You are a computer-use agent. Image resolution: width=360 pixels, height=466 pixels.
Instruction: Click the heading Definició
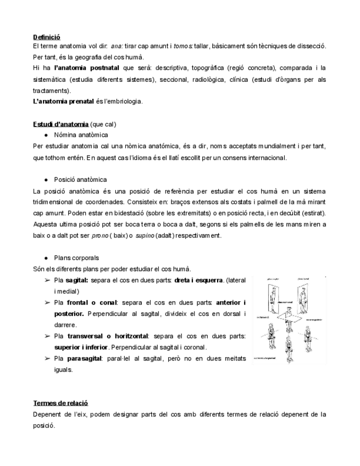click(47, 37)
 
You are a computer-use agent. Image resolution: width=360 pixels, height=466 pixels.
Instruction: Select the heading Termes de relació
click(60, 403)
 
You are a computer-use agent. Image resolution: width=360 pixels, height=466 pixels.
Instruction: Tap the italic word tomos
click(182, 47)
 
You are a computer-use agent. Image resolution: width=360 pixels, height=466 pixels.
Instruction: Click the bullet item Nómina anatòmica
click(81, 135)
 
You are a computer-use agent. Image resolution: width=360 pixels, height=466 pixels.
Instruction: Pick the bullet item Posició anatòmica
click(80, 180)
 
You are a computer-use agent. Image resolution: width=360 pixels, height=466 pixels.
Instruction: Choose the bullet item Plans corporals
click(76, 258)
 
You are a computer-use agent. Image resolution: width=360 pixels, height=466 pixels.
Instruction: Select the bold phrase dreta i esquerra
click(198, 280)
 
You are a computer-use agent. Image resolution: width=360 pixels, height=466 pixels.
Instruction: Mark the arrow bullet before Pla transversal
click(48, 336)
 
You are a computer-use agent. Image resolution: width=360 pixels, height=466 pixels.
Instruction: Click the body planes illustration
click(288, 320)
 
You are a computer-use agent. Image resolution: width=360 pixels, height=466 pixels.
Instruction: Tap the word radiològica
click(211, 79)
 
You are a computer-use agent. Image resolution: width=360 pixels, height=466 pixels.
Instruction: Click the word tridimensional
click(59, 202)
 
